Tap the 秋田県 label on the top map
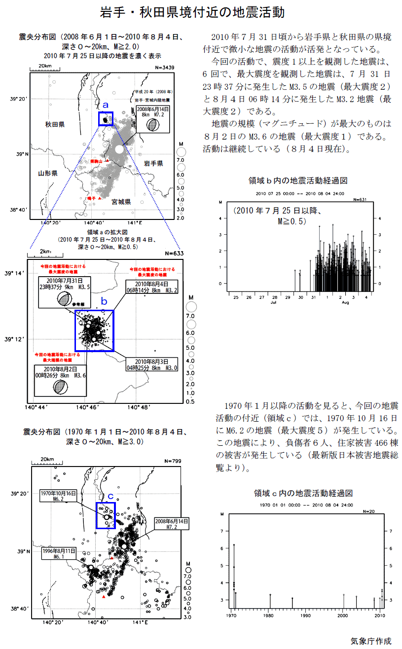[55, 125]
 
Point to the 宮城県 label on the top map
[121, 202]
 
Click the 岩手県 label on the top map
[153, 163]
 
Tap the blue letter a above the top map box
[105, 105]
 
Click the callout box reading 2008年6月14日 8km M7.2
[153, 111]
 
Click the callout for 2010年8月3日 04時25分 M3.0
[150, 364]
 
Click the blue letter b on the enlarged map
[104, 301]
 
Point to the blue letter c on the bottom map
[111, 496]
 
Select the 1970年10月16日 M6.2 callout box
[58, 496]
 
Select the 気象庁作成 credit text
[370, 641]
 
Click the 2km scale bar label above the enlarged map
[45, 251]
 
